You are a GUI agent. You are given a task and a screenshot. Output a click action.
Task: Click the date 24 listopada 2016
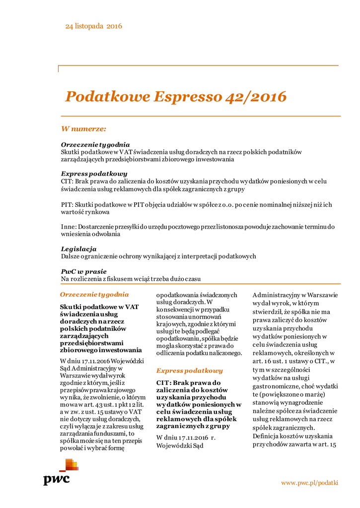coord(93,26)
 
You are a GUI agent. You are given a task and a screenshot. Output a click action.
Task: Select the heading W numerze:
coord(83,129)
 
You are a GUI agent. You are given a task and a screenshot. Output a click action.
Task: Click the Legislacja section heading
coord(78,249)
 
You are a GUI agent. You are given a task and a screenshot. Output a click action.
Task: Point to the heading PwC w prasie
coord(83,271)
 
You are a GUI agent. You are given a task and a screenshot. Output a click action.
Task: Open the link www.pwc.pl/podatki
coord(309,483)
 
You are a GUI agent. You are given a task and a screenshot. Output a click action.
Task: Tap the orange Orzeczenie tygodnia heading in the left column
coord(94,294)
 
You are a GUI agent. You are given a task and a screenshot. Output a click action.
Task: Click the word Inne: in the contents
coord(69,226)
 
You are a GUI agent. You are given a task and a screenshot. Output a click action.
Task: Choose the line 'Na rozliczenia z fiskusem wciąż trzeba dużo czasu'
coord(131,279)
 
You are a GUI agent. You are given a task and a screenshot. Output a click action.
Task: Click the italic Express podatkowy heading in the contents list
coord(94,174)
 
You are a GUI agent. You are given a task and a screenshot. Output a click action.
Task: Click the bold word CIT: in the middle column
coord(164,383)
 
